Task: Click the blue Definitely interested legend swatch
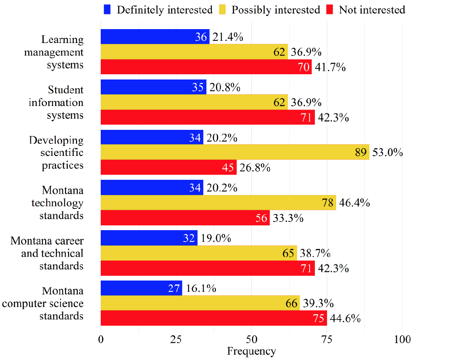(x=108, y=10)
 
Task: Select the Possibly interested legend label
(x=275, y=10)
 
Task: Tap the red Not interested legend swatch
(x=330, y=10)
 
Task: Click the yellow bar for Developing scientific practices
(x=235, y=152)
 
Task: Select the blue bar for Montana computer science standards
(x=141, y=288)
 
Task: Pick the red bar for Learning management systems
(x=206, y=67)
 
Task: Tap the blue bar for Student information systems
(x=153, y=87)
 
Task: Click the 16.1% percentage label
(x=201, y=288)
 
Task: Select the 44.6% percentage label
(x=345, y=318)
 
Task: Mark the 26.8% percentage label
(x=254, y=167)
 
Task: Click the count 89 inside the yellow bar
(x=361, y=152)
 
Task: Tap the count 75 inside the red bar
(x=319, y=318)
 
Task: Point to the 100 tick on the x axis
(x=402, y=339)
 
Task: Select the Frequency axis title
(x=251, y=351)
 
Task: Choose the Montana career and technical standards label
(x=47, y=253)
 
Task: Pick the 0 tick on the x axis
(x=101, y=339)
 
